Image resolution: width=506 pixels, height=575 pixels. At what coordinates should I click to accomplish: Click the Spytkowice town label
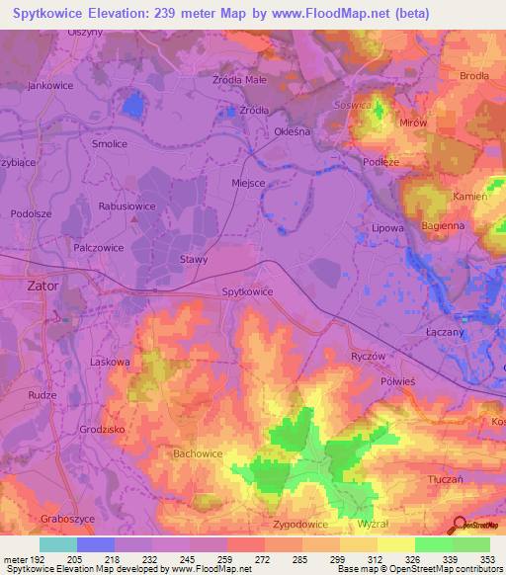pos(247,291)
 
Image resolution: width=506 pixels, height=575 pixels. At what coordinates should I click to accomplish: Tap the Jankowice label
pos(52,86)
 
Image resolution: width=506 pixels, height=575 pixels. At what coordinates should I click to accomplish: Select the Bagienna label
pos(443,226)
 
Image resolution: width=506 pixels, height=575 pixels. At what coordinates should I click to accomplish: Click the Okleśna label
pos(294,129)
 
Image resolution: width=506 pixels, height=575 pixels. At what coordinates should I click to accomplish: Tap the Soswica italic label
pos(352,103)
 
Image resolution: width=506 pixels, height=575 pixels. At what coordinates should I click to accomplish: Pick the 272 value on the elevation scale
pos(264,559)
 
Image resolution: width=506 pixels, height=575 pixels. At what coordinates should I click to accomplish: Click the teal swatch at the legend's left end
pos(58,544)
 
